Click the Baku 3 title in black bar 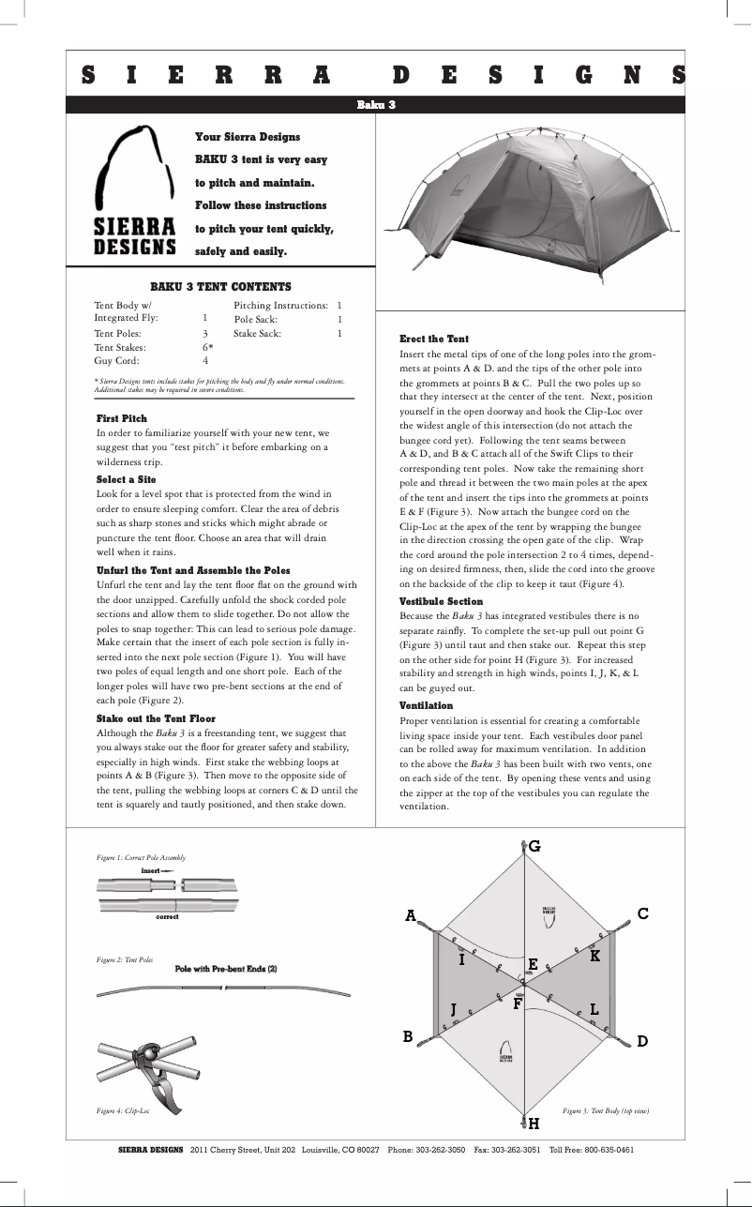(x=376, y=104)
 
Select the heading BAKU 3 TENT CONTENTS (x=221, y=287)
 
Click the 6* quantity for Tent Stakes (x=208, y=346)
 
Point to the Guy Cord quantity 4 (x=205, y=360)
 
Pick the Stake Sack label (x=257, y=333)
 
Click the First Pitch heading (x=122, y=418)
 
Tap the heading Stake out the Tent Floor (x=156, y=718)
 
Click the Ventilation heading (x=426, y=705)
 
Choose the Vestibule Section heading (x=441, y=601)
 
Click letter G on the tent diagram (x=534, y=846)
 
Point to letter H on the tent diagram (x=533, y=1123)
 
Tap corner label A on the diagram (x=410, y=915)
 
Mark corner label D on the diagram (x=642, y=1041)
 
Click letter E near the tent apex (x=533, y=964)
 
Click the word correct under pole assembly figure (x=168, y=916)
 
